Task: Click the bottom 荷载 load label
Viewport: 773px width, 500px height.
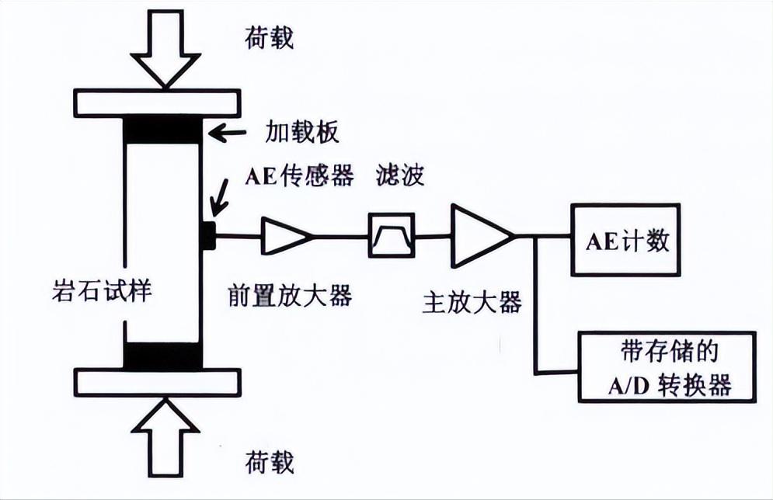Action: point(270,463)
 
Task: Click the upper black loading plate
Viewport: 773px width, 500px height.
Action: point(164,129)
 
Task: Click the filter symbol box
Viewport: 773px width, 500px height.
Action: point(392,235)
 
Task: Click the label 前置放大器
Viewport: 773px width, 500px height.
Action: point(291,295)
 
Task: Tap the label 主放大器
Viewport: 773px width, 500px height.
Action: point(472,301)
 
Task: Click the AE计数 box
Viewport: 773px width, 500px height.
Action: point(625,240)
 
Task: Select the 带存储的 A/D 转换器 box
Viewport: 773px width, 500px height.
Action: point(667,366)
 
